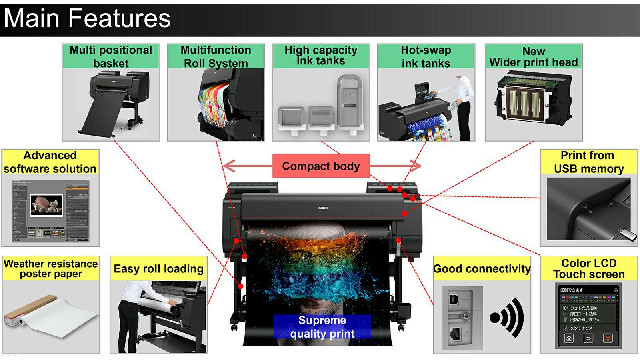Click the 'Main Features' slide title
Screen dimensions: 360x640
[87, 18]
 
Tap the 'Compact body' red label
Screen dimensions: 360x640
[321, 166]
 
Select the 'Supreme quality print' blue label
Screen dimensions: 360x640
[322, 327]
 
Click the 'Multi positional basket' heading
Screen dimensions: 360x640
[111, 56]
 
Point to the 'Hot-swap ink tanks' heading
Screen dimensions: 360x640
[426, 56]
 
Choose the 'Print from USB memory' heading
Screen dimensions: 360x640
[589, 162]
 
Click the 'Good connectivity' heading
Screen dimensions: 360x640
[482, 269]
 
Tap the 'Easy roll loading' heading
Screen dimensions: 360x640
[158, 269]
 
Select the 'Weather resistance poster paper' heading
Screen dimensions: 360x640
[51, 269]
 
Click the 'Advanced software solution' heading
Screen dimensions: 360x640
[50, 162]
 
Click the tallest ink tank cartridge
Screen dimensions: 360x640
[350, 102]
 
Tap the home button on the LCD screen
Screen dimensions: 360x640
[569, 338]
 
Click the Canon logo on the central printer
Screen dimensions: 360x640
[322, 208]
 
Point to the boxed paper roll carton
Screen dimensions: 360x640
[28, 309]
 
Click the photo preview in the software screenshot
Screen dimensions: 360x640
[47, 204]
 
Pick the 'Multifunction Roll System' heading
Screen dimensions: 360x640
[216, 56]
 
